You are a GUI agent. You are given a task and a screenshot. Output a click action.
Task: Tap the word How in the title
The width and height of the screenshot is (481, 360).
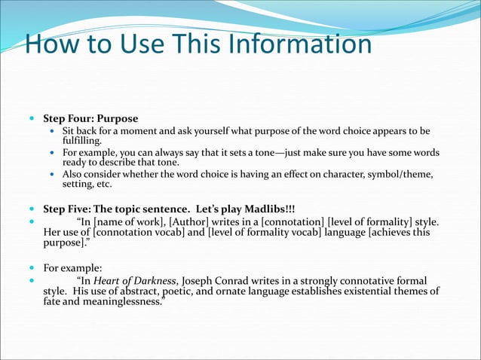[51, 44]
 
